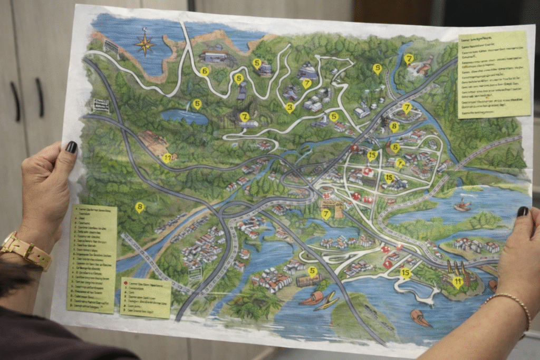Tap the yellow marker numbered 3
coord(290,108)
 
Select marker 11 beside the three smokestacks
coord(457,281)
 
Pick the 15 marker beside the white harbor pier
coord(405,273)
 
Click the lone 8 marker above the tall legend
coord(139,207)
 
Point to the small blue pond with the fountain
coord(185,116)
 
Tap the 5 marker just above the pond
coord(197,104)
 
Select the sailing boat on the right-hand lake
coord(462,205)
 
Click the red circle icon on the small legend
coord(126,283)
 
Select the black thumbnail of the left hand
coord(71,147)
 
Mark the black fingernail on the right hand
coord(522,211)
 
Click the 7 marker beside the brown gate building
coord(326,213)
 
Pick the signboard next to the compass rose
coord(111,46)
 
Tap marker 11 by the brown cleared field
coord(167,157)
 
